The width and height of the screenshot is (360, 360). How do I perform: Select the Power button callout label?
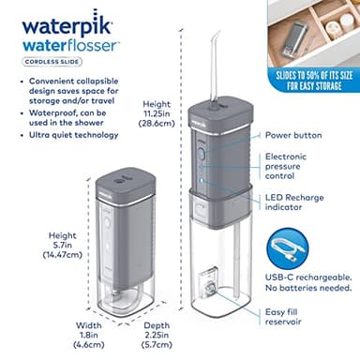coord(293,135)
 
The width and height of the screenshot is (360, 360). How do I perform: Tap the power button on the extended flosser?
coord(199,136)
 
